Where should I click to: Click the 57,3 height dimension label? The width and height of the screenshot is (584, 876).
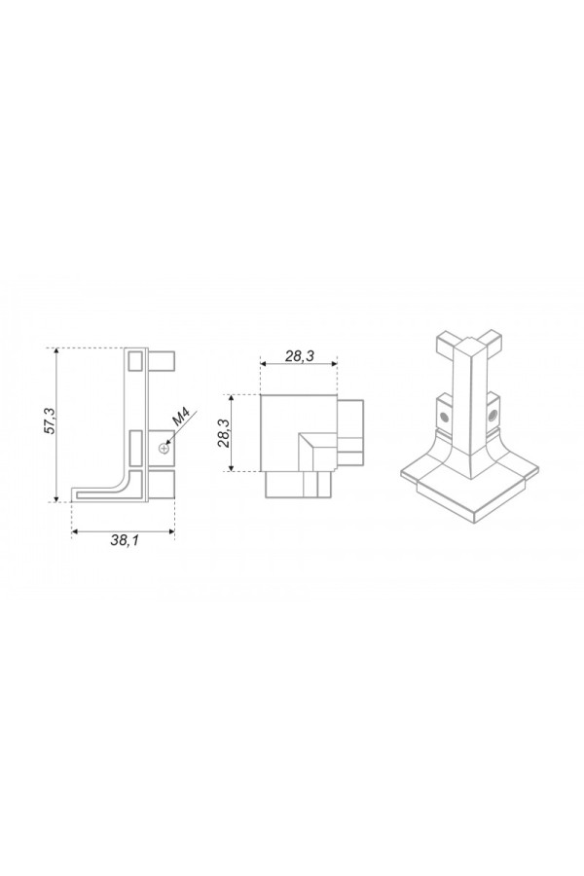pos(49,420)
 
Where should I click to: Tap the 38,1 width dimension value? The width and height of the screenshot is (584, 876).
pos(125,541)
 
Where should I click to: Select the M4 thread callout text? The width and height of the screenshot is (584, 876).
pos(182,418)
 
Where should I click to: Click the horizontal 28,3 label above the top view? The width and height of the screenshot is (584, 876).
pos(300,356)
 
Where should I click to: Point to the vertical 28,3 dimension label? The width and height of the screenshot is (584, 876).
pos(224,432)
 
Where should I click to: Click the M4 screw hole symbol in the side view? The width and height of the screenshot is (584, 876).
pos(164,448)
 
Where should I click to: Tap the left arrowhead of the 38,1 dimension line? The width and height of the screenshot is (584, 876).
pos(76,531)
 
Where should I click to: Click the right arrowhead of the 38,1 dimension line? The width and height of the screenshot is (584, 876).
pos(171,531)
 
